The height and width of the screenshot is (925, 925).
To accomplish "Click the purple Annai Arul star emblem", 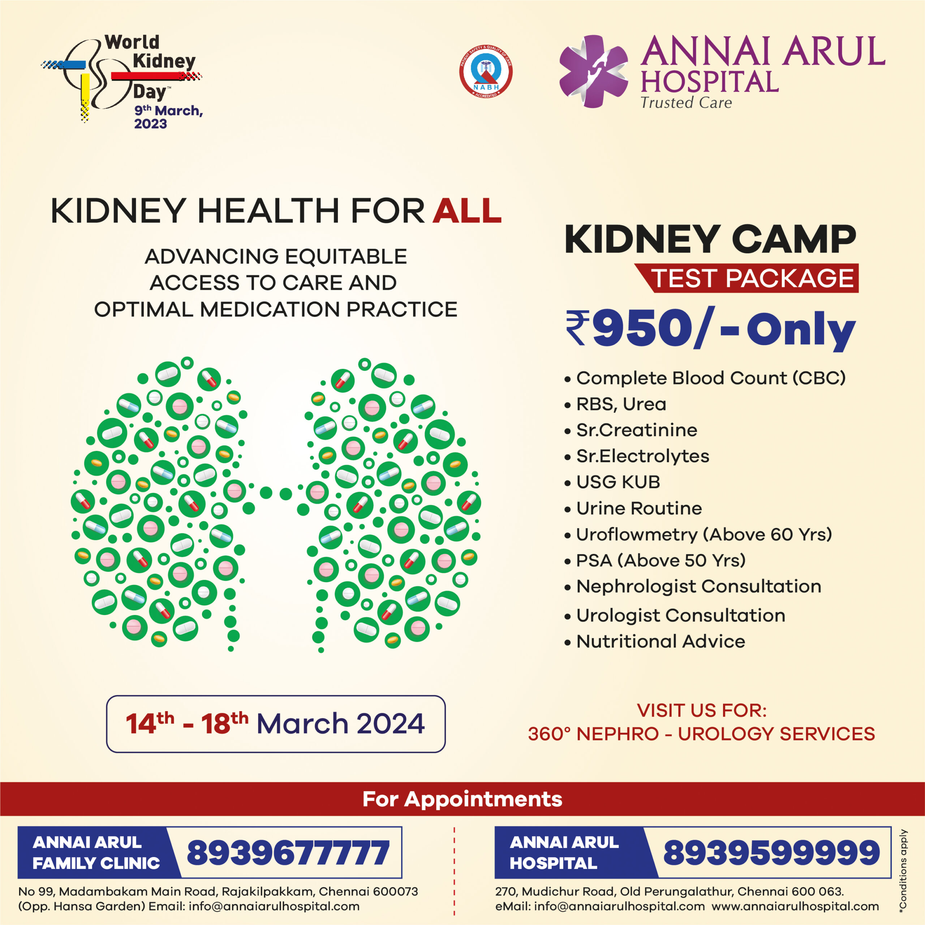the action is (594, 71).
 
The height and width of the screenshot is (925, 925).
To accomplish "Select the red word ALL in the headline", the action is (467, 211).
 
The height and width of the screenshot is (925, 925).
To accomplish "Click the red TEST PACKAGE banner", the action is (747, 278).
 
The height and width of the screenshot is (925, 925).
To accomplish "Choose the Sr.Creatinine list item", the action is (631, 430).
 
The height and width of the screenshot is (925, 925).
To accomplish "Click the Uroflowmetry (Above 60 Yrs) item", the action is (698, 534).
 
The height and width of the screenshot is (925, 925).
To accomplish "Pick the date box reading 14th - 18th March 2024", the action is (276, 724).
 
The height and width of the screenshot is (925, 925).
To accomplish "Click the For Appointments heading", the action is (462, 799).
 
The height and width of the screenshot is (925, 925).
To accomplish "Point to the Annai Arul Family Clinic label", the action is (96, 852).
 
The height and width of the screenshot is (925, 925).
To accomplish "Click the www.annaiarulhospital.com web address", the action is (795, 906).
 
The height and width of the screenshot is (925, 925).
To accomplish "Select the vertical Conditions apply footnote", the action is (903, 869).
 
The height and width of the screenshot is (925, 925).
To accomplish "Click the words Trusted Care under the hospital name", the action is (686, 103).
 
